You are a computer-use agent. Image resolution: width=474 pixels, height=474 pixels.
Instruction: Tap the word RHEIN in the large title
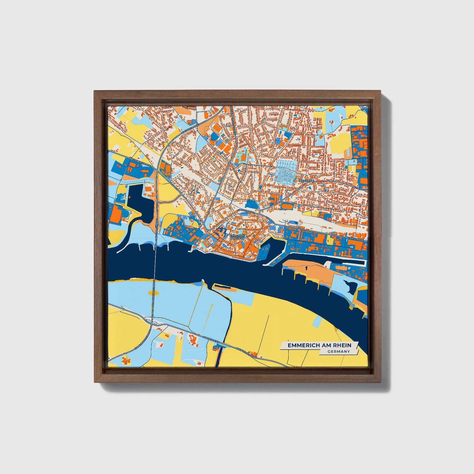click(x=342, y=345)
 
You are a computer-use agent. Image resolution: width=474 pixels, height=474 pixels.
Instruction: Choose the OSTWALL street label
click(x=270, y=219)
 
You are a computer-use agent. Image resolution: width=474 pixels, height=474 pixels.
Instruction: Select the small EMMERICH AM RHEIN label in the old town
click(x=237, y=237)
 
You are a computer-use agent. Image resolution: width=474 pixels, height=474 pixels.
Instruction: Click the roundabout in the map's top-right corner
click(x=364, y=109)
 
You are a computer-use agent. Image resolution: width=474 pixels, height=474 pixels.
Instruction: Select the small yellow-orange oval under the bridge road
click(x=153, y=292)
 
